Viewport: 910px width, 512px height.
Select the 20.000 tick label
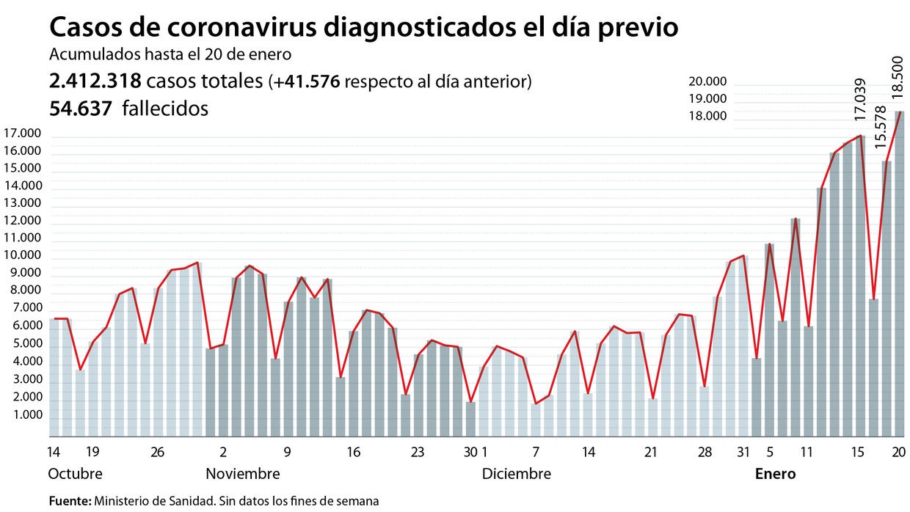point(707,81)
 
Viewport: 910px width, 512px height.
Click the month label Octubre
point(75,474)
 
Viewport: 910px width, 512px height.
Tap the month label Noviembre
point(242,474)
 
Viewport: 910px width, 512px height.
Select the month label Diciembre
point(516,474)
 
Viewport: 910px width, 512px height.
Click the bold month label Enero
point(775,474)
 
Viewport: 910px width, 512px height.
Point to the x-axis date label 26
point(157,452)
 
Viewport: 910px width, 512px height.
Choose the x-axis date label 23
point(418,452)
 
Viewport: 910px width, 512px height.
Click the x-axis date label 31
point(743,452)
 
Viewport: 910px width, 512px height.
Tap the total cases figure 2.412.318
point(95,81)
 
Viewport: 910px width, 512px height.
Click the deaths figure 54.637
point(81,109)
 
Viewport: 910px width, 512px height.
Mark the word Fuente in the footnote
point(69,501)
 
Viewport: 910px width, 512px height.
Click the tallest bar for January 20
point(899,279)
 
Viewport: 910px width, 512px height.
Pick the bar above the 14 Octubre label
point(54,378)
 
